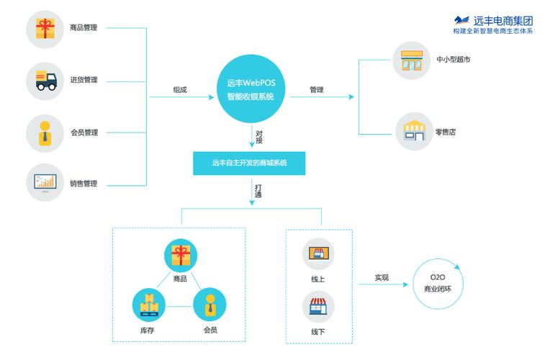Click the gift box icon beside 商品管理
click(45, 28)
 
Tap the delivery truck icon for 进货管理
click(45, 80)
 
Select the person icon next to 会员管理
click(45, 132)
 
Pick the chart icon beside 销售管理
click(45, 183)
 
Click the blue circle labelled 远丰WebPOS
click(251, 89)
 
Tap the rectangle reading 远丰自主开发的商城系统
click(249, 163)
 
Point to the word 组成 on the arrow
click(179, 90)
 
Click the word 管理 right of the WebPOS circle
click(317, 90)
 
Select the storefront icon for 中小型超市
click(412, 60)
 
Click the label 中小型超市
click(454, 60)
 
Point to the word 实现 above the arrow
click(382, 277)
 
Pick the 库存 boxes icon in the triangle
click(150, 305)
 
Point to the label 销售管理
click(84, 184)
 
